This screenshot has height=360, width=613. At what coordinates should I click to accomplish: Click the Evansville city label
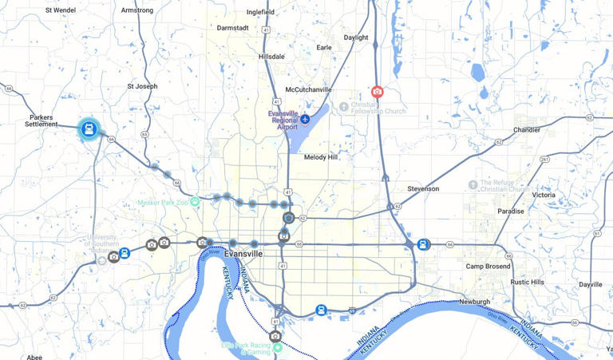[243, 253]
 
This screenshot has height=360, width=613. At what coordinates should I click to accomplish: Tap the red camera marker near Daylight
[377, 92]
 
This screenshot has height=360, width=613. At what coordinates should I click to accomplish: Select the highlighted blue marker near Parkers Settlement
[89, 129]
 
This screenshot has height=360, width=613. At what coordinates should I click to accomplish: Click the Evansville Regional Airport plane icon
[305, 119]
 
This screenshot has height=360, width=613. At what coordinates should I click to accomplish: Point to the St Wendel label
[61, 10]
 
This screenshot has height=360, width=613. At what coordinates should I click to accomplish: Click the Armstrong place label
[137, 10]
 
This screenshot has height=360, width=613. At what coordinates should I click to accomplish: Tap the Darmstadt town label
[232, 28]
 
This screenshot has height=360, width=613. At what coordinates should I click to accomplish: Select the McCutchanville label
[308, 89]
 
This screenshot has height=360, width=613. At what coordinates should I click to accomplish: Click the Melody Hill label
[321, 157]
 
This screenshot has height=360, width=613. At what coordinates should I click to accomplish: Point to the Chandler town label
[527, 129]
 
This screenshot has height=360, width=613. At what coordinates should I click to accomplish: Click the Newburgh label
[474, 302]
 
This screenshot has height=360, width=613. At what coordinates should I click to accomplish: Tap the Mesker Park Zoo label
[165, 202]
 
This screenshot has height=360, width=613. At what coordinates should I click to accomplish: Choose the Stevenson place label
[423, 189]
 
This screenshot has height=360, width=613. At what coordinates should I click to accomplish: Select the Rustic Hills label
[528, 282]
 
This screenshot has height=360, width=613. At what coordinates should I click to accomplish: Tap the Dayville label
[591, 284]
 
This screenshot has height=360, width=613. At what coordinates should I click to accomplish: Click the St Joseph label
[142, 86]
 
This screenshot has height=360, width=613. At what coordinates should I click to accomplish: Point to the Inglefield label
[260, 13]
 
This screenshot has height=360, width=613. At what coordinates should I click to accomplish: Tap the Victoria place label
[544, 195]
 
